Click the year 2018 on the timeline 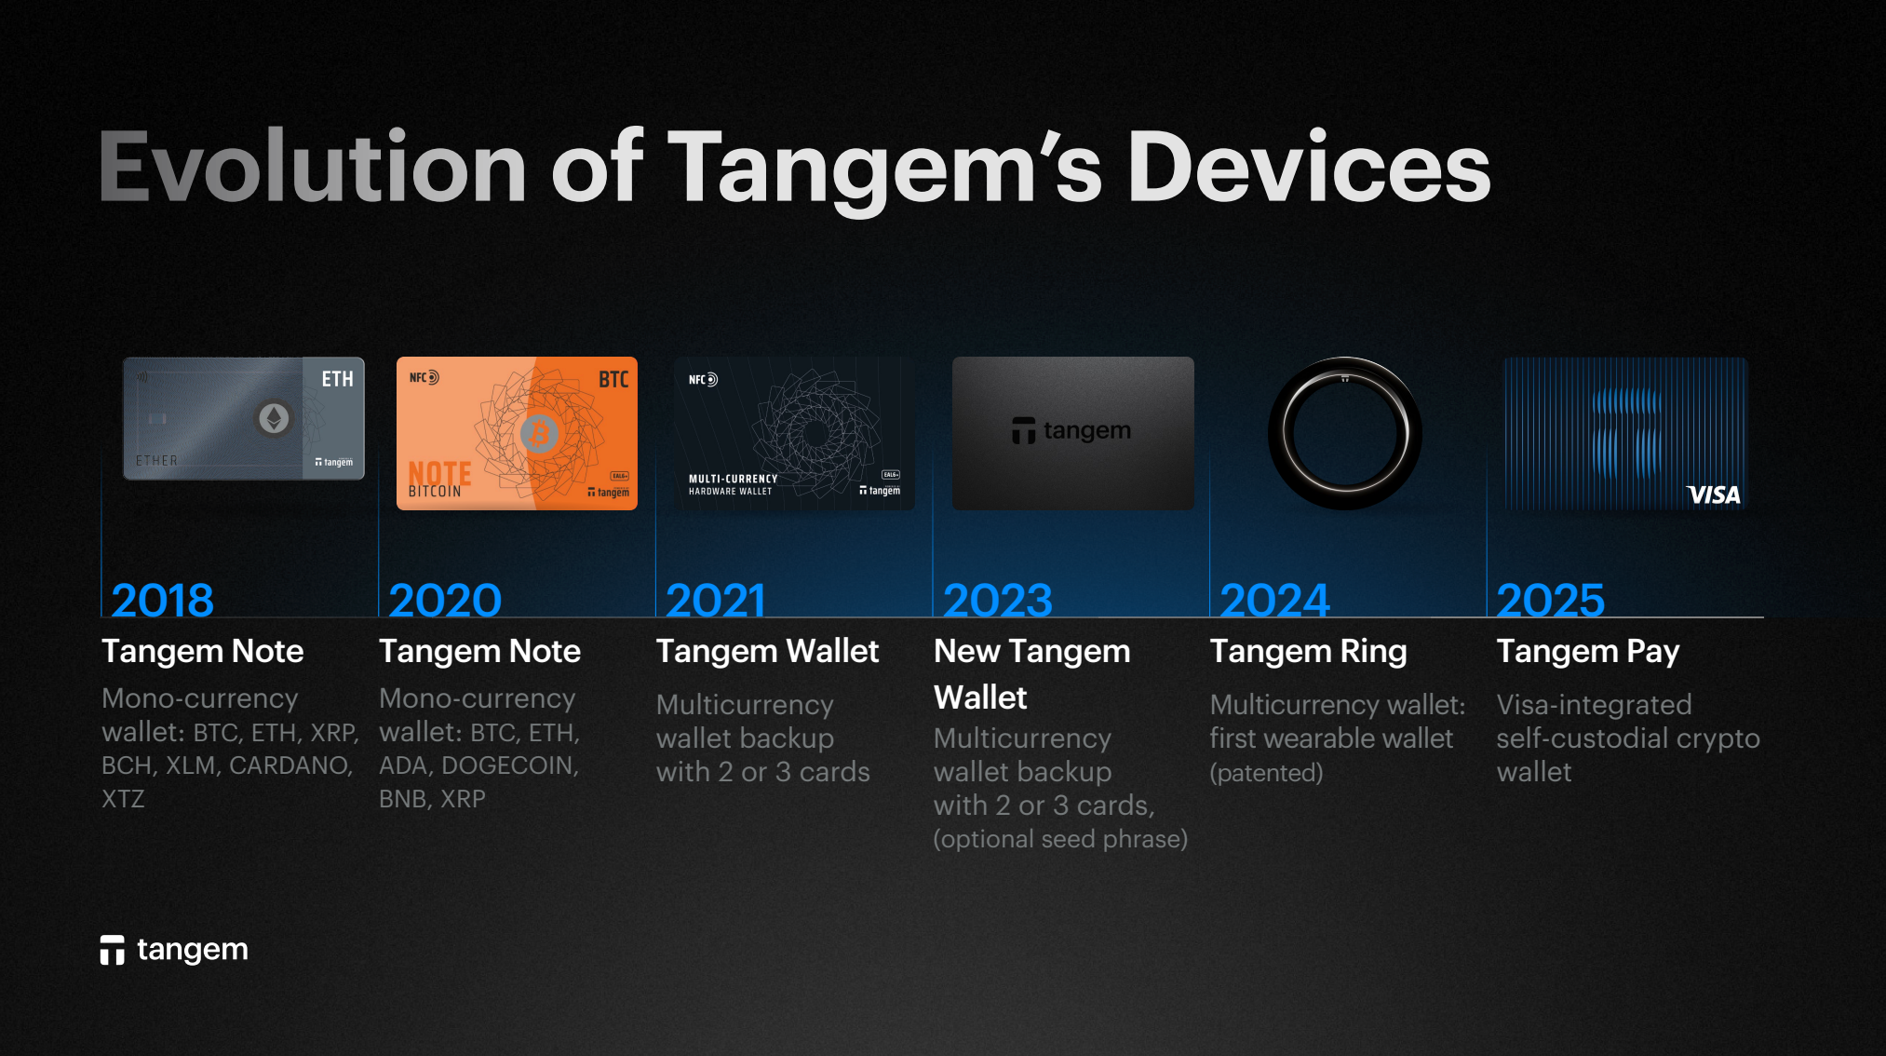coord(163,601)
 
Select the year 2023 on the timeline coord(998,601)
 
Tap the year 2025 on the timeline coord(1551,601)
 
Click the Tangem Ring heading coord(1308,652)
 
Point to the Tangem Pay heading coord(1588,652)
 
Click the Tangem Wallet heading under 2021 coord(767,652)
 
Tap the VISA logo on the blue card coord(1713,494)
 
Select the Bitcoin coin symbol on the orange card coord(539,433)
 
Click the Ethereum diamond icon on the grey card coord(274,418)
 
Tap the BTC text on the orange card coord(613,379)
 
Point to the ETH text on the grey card coord(337,379)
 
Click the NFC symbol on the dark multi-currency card coord(703,380)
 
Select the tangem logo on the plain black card coord(1071,430)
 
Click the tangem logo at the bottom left coord(174,950)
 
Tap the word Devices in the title coord(1309,167)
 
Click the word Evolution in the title coord(313,167)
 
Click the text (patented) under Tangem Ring coord(1266,773)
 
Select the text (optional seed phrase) coord(1060,840)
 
